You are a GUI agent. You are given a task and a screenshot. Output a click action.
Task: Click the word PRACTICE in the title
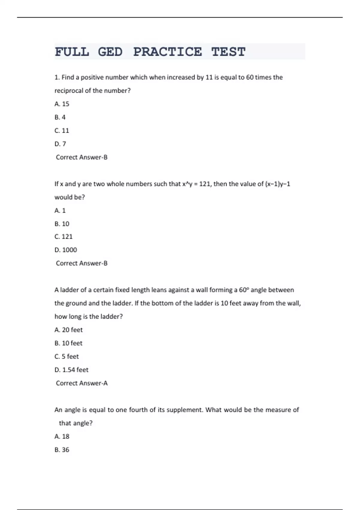pyautogui.click(x=167, y=52)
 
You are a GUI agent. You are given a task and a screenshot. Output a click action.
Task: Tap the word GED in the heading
pyautogui.click(x=110, y=52)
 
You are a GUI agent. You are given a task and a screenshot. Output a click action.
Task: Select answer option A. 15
pyautogui.click(x=62, y=104)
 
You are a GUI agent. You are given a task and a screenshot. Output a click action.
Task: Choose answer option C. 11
pyautogui.click(x=62, y=130)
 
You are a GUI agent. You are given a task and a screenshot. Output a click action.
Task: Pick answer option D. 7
pyautogui.click(x=60, y=144)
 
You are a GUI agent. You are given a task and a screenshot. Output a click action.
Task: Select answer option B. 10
pyautogui.click(x=62, y=224)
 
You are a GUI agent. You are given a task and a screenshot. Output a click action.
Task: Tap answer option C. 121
pyautogui.click(x=64, y=237)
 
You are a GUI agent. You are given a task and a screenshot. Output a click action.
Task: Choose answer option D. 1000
pyautogui.click(x=66, y=250)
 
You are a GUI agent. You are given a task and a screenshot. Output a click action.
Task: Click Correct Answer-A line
pyautogui.click(x=82, y=383)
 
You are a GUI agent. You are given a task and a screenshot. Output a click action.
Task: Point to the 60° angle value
pyautogui.click(x=244, y=290)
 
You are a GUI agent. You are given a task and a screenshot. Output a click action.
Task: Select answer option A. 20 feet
pyautogui.click(x=68, y=330)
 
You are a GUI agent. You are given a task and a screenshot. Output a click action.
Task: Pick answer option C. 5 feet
pyautogui.click(x=67, y=356)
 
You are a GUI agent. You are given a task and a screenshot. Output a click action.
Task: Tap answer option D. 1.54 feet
pyautogui.click(x=71, y=370)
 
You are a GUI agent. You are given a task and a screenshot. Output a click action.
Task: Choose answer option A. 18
pyautogui.click(x=62, y=436)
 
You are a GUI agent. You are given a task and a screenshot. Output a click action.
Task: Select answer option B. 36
pyautogui.click(x=62, y=450)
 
